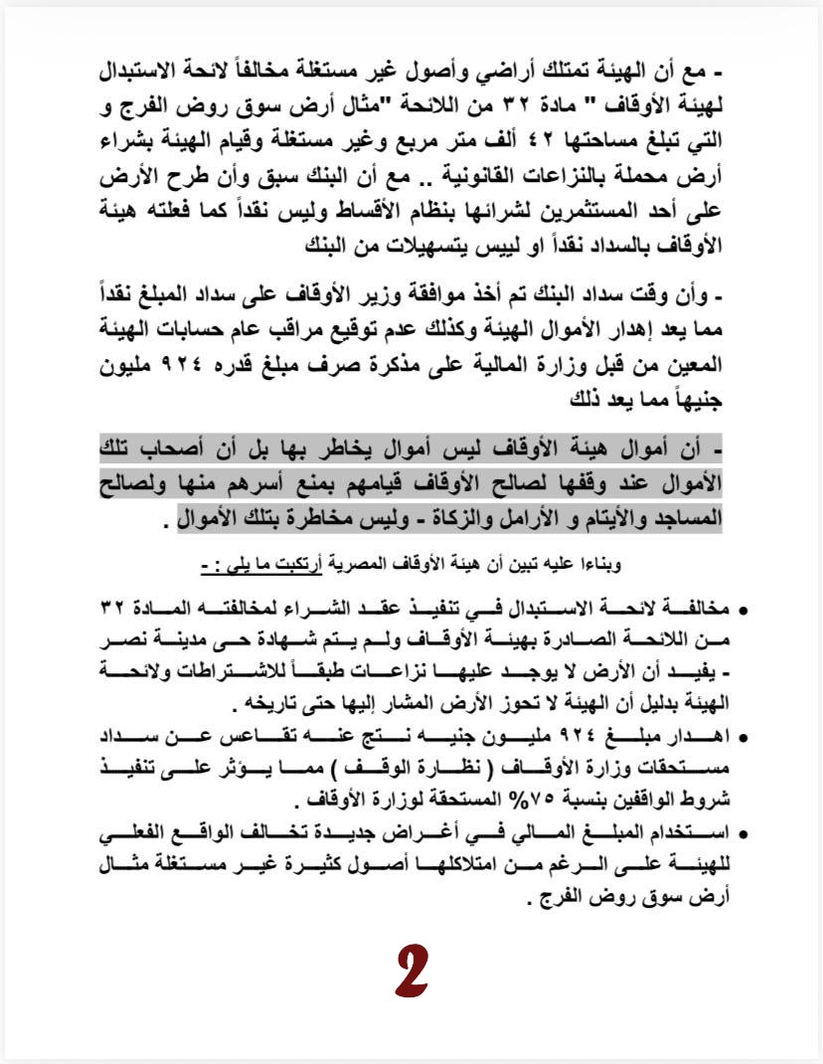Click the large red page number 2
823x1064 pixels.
411,972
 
